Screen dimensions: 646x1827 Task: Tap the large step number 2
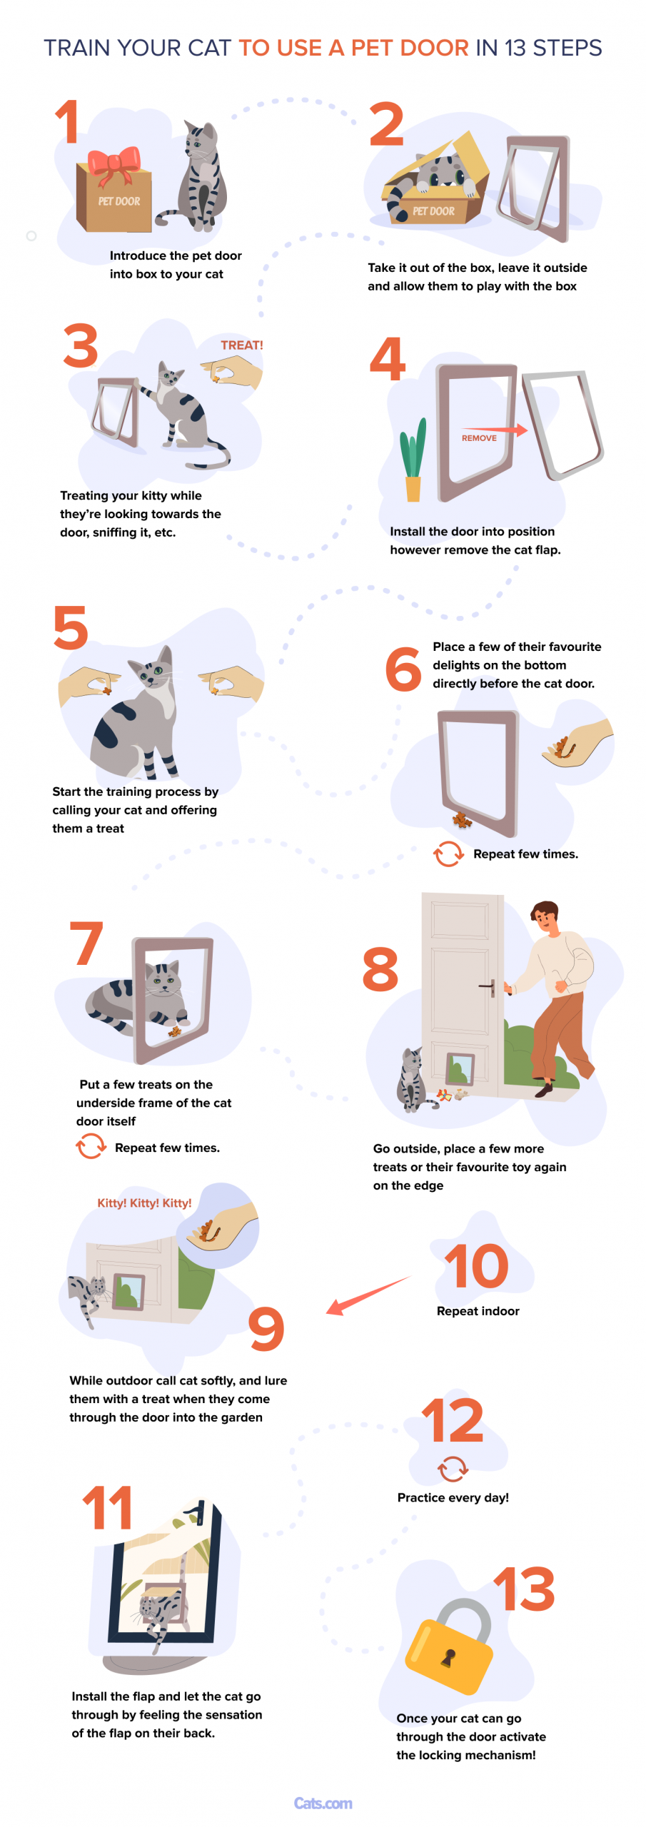point(387,123)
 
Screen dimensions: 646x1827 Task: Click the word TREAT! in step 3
point(242,345)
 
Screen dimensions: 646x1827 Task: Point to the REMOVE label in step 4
point(479,437)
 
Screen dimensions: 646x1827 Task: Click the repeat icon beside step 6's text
point(448,854)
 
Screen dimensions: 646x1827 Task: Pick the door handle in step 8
point(488,987)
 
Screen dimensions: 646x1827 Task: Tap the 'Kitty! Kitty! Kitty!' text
point(144,1203)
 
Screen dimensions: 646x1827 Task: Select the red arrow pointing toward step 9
point(368,1295)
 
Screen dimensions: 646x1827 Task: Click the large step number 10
point(476,1266)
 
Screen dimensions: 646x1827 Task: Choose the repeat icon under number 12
point(453,1469)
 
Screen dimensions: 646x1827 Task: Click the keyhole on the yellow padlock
point(448,1658)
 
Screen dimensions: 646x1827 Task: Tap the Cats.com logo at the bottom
point(323,1803)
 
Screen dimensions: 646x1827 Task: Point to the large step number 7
point(86,942)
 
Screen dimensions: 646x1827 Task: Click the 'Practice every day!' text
point(453,1497)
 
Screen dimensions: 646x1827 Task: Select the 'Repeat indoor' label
point(478,1311)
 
